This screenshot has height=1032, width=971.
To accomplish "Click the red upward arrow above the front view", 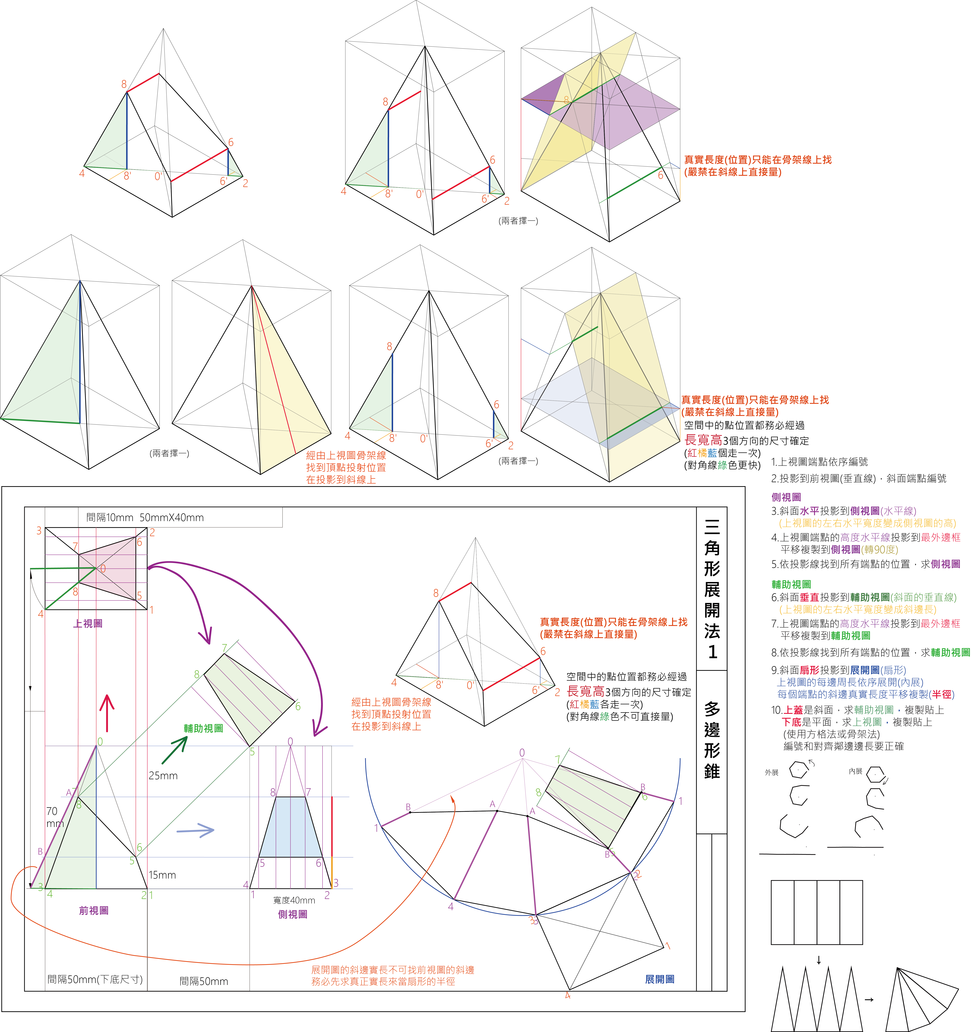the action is click(107, 713).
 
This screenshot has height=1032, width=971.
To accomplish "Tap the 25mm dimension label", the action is click(163, 776).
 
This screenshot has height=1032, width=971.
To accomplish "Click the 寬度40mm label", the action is click(294, 900).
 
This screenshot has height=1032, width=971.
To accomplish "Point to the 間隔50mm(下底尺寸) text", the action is click(95, 979).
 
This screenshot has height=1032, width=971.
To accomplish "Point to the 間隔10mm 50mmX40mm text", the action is click(145, 517).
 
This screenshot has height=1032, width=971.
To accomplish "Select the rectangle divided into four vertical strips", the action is click(817, 912).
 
